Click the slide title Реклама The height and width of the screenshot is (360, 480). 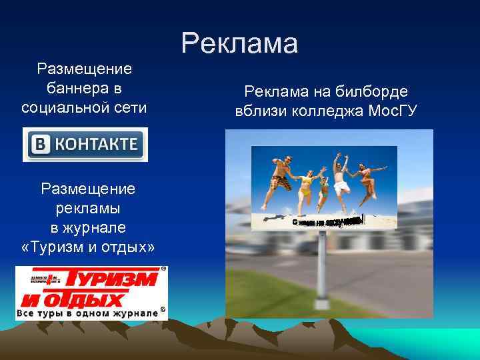coord(239,44)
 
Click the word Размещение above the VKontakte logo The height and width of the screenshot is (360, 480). coord(85,69)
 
